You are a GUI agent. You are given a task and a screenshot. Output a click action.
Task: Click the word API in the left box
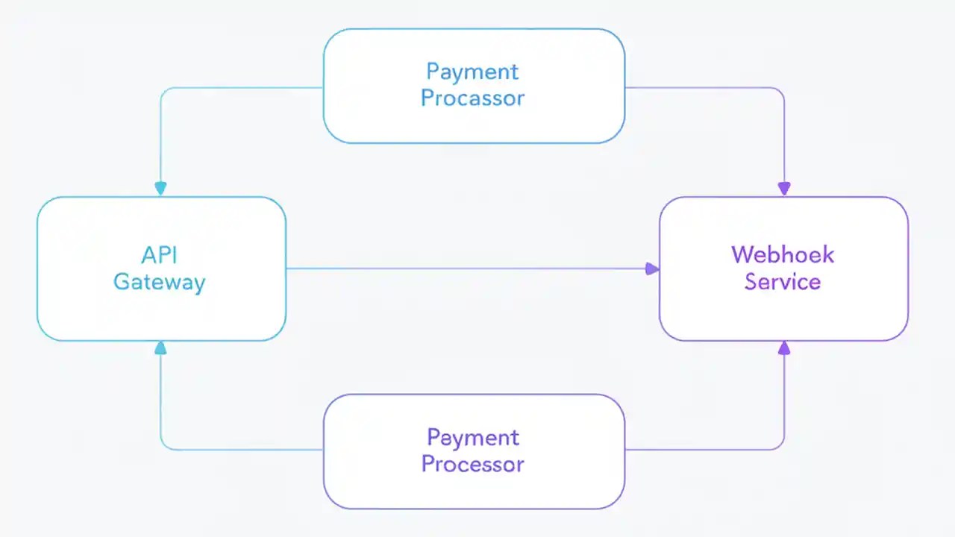click(159, 254)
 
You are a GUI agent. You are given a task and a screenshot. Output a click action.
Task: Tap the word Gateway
click(159, 282)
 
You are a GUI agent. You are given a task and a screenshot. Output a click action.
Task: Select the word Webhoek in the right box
click(783, 254)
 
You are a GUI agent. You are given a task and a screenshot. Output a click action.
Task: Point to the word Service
click(783, 282)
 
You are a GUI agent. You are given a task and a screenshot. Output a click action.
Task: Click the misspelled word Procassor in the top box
click(472, 98)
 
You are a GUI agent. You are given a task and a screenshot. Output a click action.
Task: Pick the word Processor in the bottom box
click(472, 464)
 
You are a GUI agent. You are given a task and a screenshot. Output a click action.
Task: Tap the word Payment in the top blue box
click(472, 72)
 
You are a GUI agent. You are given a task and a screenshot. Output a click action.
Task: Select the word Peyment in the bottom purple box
click(472, 437)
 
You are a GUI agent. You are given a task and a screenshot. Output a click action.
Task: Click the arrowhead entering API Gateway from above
click(160, 189)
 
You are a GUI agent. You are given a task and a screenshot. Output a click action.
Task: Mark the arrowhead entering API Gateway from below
click(160, 348)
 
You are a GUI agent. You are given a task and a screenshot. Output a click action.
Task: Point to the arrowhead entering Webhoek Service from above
click(783, 189)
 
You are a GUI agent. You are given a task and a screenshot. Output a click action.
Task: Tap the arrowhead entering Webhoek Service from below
click(783, 348)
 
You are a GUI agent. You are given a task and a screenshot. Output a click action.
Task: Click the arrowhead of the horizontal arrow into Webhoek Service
click(652, 268)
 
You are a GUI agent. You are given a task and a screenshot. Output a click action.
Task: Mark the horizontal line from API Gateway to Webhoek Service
click(463, 268)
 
